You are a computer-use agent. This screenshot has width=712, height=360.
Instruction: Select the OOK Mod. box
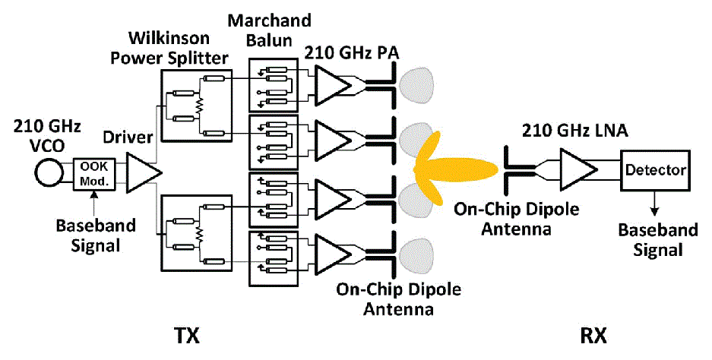coord(94,175)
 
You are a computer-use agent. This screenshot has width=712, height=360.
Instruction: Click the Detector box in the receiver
coord(655,169)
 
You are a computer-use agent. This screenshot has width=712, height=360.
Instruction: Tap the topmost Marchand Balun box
coord(277,83)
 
